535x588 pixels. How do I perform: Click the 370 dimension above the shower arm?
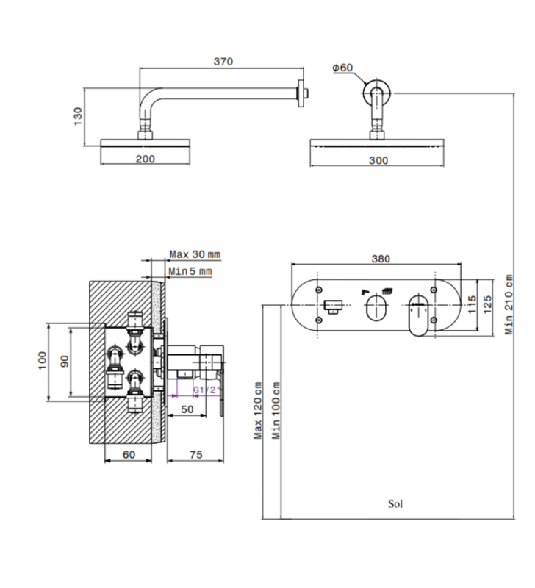(223, 62)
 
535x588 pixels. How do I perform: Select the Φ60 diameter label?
(342, 68)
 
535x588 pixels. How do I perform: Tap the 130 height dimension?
(78, 115)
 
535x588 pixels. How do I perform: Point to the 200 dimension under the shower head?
(146, 159)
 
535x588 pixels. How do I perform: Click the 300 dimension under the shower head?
(379, 159)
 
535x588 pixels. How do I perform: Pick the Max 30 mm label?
(195, 254)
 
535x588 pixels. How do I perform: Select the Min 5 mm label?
(190, 272)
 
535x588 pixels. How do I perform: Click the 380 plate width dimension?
(381, 258)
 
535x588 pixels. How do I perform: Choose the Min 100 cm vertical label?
(276, 410)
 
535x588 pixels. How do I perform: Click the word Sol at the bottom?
(395, 503)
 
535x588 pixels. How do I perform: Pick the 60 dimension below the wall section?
(129, 455)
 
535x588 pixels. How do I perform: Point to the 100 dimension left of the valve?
(43, 360)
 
